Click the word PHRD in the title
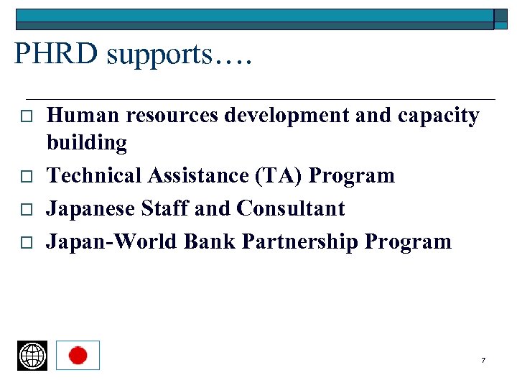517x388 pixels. [55, 55]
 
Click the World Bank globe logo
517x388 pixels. [32, 355]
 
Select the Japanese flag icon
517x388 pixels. [78, 355]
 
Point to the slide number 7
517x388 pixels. [483, 360]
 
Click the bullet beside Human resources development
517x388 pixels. [22, 116]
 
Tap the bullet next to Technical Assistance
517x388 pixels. [22, 176]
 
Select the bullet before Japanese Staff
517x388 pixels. [22, 209]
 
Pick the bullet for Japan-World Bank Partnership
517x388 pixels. [22, 242]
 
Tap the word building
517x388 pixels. [87, 143]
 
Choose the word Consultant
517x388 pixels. [291, 208]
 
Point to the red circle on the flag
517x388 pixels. [78, 355]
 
